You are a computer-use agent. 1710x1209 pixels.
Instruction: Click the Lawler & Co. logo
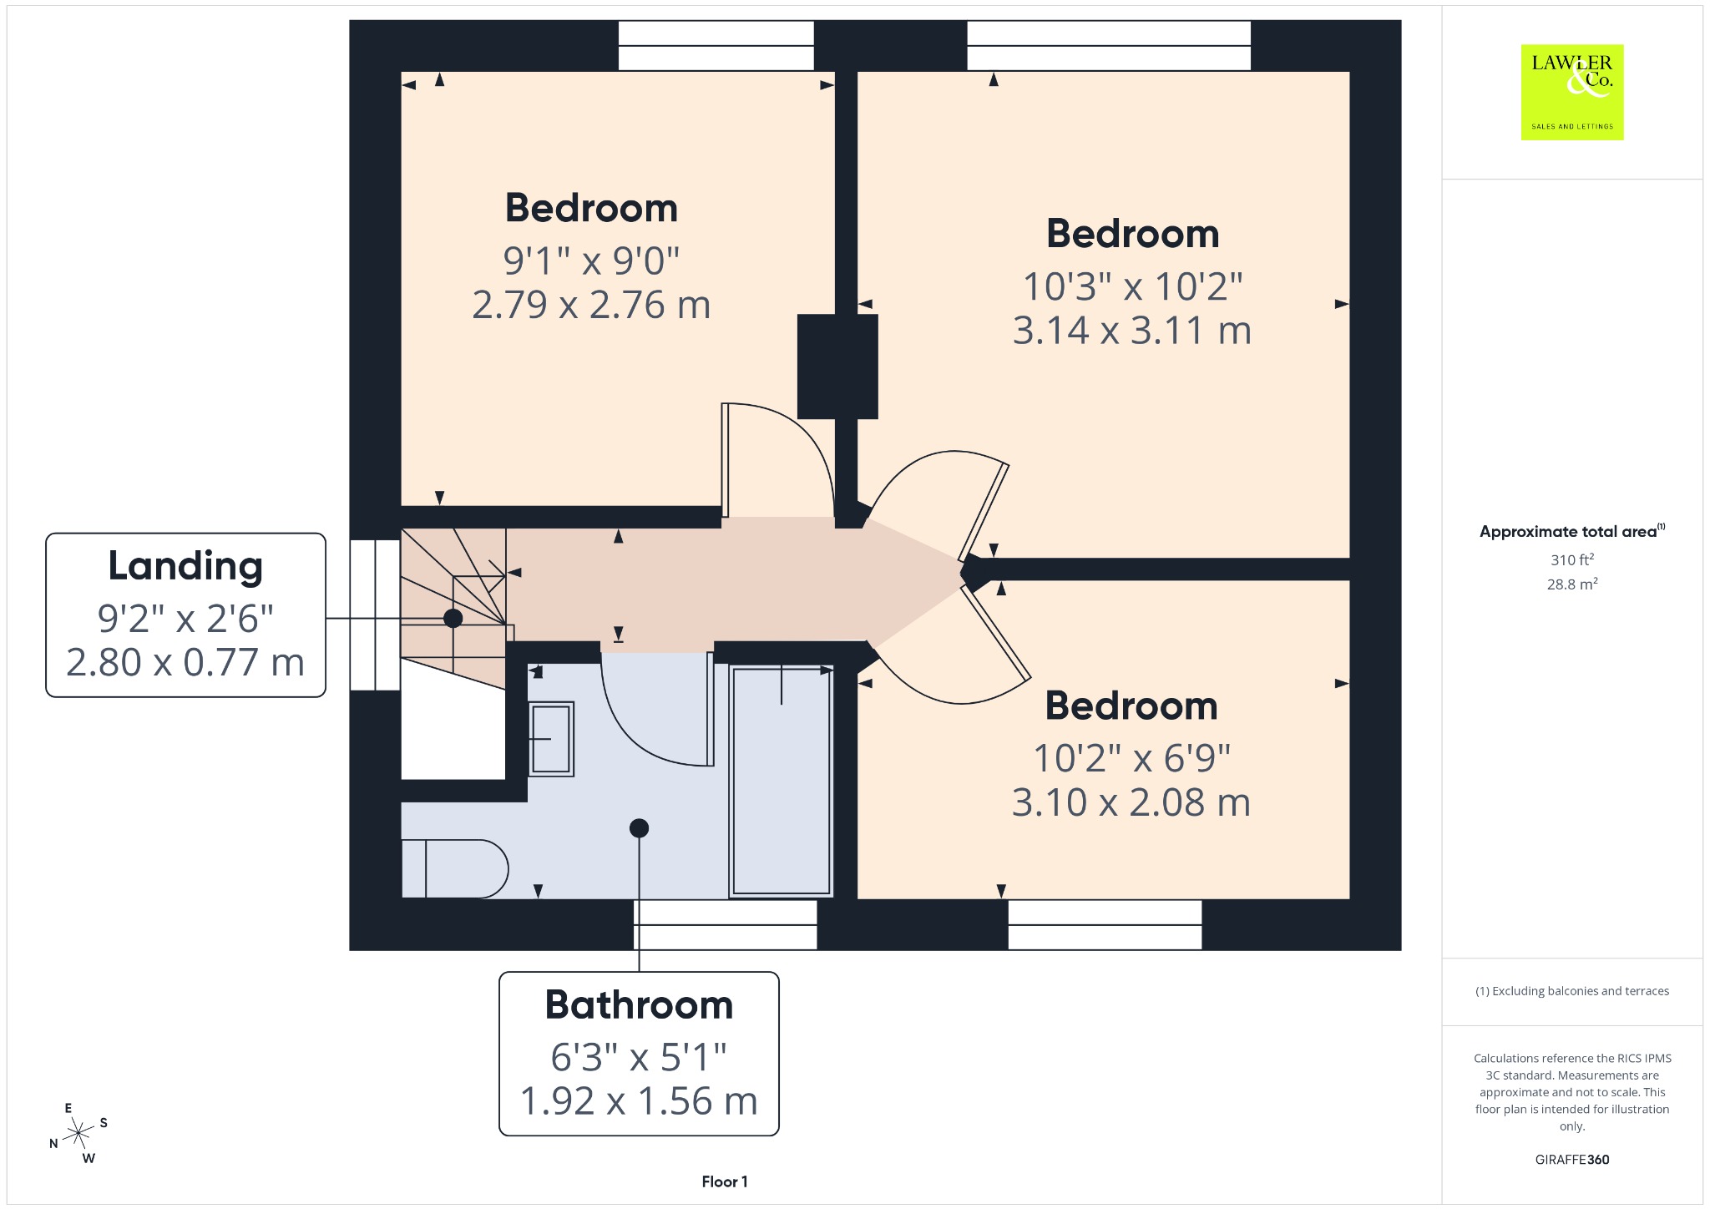[x=1572, y=92]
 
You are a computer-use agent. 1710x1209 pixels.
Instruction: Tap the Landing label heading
[x=185, y=566]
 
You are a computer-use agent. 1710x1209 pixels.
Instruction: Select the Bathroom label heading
[x=639, y=1004]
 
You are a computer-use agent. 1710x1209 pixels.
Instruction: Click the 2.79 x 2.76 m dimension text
[x=591, y=305]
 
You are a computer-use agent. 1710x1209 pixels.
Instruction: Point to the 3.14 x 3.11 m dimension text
[x=1132, y=331]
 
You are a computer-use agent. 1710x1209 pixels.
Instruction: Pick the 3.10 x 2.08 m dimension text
[x=1131, y=802]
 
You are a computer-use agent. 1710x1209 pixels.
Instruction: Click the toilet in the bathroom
[x=455, y=868]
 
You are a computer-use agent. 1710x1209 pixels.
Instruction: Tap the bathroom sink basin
[x=551, y=739]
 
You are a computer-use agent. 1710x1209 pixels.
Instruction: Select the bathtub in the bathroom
[x=781, y=781]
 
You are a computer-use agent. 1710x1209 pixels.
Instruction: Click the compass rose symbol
[x=78, y=1133]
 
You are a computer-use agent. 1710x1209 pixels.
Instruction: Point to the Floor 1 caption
[x=725, y=1181]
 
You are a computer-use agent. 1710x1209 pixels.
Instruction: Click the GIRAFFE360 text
[x=1572, y=1160]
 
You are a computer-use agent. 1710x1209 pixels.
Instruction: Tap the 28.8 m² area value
[x=1572, y=584]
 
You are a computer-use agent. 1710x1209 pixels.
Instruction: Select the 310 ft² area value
[x=1572, y=559]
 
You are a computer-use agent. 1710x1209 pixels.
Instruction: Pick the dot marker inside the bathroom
[x=639, y=828]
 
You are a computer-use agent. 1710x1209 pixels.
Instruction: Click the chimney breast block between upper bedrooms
[x=837, y=367]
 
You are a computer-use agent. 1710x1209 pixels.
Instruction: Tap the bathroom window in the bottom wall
[x=725, y=924]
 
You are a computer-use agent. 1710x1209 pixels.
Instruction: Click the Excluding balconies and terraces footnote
[x=1572, y=991]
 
